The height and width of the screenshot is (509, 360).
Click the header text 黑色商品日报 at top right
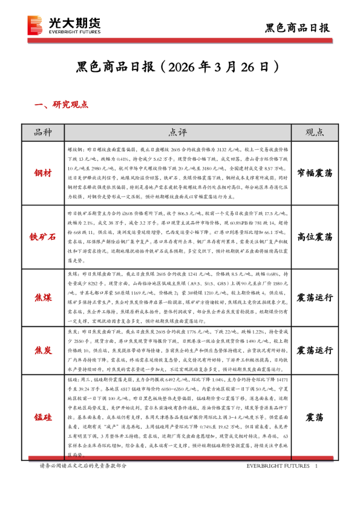click(x=297, y=27)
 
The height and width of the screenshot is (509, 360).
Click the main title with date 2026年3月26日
click(x=179, y=65)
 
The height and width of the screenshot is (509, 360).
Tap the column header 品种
click(x=44, y=132)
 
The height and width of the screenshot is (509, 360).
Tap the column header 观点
click(x=315, y=132)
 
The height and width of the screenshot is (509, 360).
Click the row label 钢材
click(x=44, y=173)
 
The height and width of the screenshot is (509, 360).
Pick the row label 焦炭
click(x=44, y=350)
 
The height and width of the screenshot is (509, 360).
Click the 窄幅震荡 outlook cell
click(x=315, y=173)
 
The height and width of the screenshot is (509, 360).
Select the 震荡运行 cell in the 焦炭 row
click(x=315, y=350)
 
